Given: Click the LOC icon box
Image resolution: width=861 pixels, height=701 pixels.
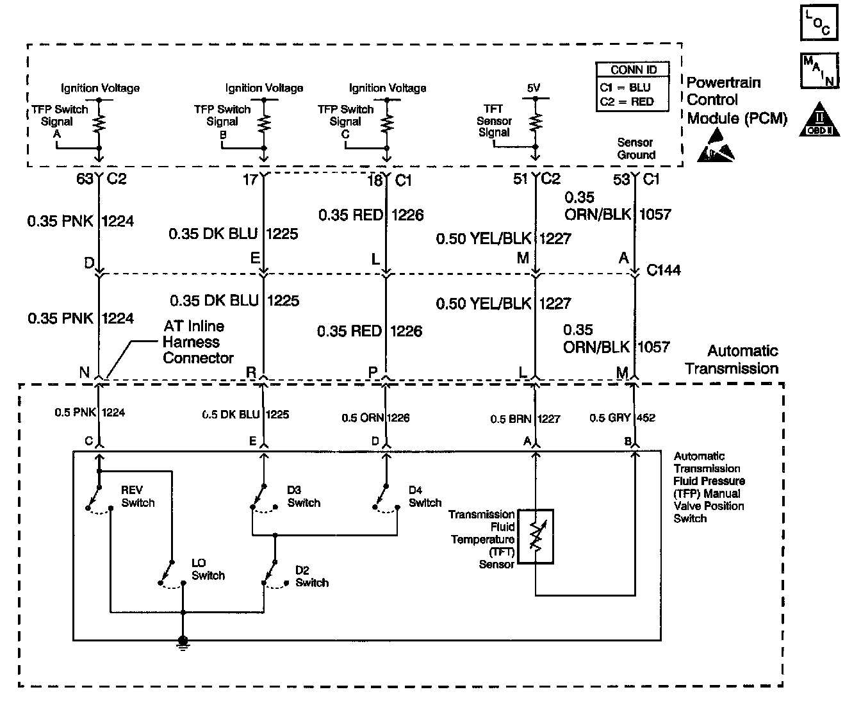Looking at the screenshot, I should pos(819,24).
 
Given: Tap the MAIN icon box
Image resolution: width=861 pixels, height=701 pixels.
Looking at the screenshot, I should pos(819,70).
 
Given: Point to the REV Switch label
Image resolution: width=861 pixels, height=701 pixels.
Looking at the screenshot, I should pos(138,497).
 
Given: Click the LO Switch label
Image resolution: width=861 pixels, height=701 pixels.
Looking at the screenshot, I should pos(208,569).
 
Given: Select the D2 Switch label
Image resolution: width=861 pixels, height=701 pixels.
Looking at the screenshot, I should pos(312,576).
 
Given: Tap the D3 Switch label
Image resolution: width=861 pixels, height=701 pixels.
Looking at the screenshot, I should pos(304,497).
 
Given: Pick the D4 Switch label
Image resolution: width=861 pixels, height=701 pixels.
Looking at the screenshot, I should pos(425,497).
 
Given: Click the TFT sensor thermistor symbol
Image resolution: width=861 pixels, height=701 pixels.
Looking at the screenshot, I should pos(536,537).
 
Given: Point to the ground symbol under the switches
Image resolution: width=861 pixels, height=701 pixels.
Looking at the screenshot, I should pos(183,641).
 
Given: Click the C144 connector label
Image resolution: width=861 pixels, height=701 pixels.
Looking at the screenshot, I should pos(663,270).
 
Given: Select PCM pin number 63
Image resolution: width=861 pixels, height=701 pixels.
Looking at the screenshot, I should pos(85,179).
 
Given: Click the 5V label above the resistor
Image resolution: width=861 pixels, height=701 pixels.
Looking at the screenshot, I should pos(534,88).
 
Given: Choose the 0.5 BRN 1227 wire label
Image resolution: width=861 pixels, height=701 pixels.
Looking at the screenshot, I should pos(525,419).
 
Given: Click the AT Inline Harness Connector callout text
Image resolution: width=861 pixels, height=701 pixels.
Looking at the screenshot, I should pos(197,342).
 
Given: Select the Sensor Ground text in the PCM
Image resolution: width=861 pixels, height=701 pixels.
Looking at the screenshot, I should pos(635,149).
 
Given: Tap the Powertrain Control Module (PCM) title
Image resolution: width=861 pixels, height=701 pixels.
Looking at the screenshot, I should pos(736,101).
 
